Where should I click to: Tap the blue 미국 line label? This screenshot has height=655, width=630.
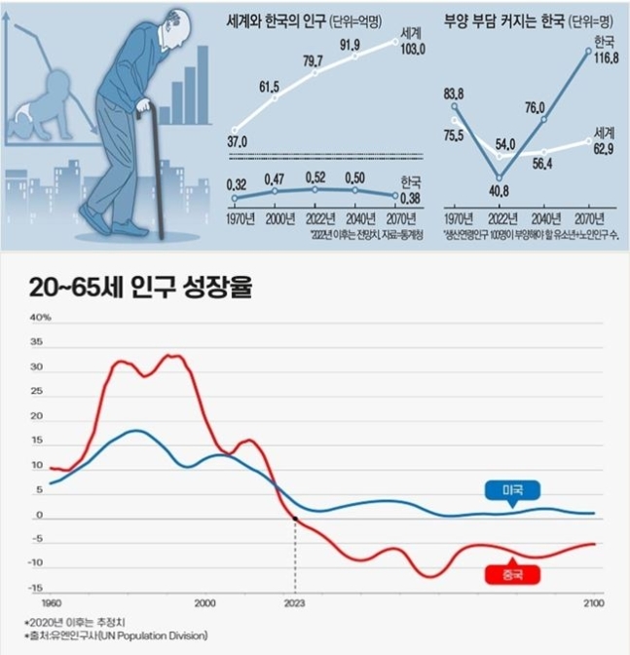coord(510,490)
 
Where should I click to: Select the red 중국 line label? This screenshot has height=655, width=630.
coord(510,575)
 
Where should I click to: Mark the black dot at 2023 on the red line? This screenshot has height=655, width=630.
coord(293,519)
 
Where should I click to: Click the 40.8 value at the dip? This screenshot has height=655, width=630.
coord(498,191)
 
